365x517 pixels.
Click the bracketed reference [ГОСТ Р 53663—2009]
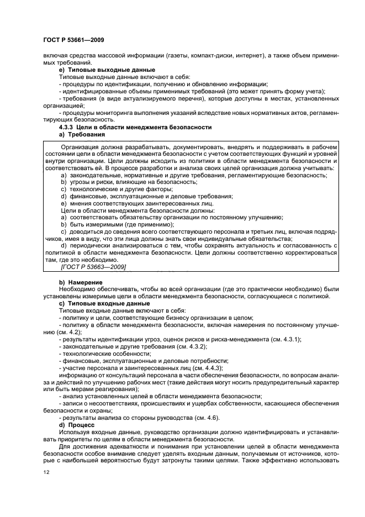(x=93, y=267)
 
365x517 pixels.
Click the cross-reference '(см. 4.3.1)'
(x=285, y=339)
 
